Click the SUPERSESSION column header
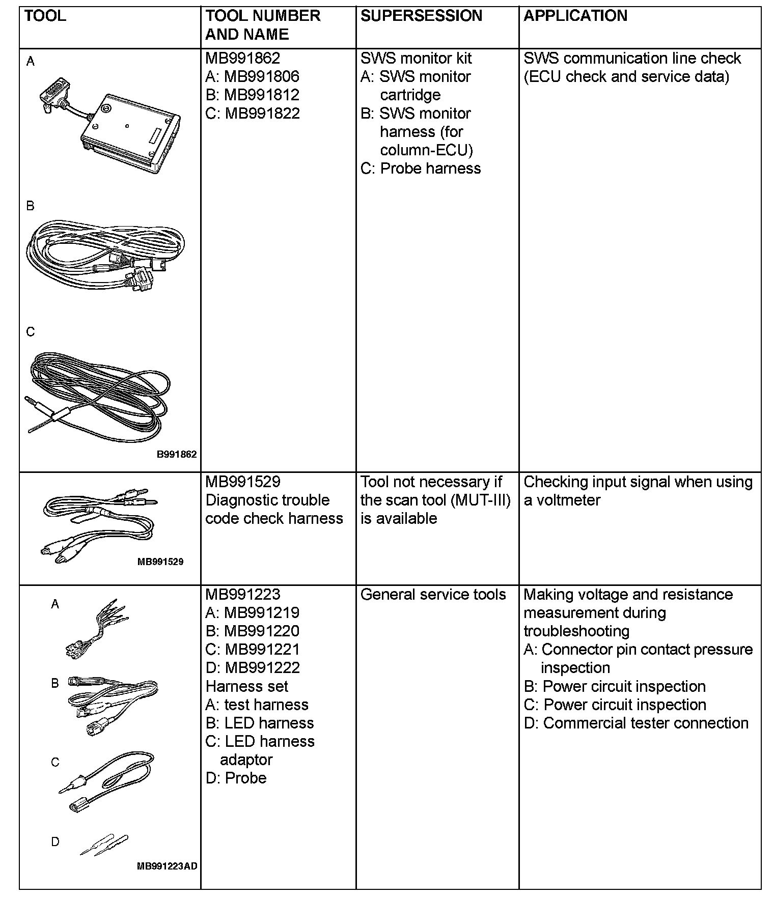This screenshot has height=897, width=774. click(421, 16)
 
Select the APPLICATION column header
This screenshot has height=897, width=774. click(575, 16)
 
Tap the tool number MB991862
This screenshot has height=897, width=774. click(242, 58)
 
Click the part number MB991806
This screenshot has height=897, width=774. click(262, 76)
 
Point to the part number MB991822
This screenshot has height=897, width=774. click(262, 113)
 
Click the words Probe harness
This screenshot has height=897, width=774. click(430, 169)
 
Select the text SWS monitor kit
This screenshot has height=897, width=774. click(416, 58)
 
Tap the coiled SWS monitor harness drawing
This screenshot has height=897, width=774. click(104, 255)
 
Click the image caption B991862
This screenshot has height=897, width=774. click(176, 455)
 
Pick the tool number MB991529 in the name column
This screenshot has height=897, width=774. click(242, 482)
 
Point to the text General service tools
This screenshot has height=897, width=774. click(433, 595)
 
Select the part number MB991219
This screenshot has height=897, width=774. click(262, 613)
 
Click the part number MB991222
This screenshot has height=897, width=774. click(262, 668)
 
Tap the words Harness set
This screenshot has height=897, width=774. click(246, 686)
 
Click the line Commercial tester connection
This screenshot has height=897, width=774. click(645, 723)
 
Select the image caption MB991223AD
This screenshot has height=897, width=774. click(167, 866)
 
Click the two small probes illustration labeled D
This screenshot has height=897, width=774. click(105, 844)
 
